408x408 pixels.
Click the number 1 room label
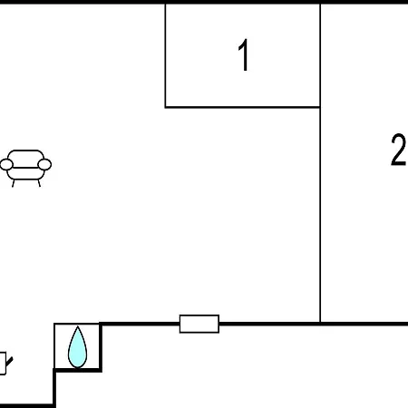pos(244,54)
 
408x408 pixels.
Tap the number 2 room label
pos(399,150)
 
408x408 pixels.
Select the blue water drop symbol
pos(77,347)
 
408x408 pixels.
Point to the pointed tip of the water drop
pos(78,326)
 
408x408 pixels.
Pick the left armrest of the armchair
pos(6,165)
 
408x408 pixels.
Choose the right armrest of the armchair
pos(44,165)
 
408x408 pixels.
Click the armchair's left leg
pos(14,183)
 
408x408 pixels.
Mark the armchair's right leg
pos(39,183)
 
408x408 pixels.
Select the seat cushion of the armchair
pos(25,173)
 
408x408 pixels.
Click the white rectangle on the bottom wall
pos(199,324)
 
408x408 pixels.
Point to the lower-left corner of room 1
pos(165,107)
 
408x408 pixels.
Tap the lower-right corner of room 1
pos(320,107)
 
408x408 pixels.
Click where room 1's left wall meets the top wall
pos(165,4)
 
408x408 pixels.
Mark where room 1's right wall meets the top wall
pos(320,4)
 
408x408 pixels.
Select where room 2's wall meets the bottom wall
pos(320,324)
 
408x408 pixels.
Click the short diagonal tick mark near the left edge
pos(9,362)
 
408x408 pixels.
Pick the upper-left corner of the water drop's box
pos(54,324)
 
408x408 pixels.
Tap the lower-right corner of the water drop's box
pos(100,370)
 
